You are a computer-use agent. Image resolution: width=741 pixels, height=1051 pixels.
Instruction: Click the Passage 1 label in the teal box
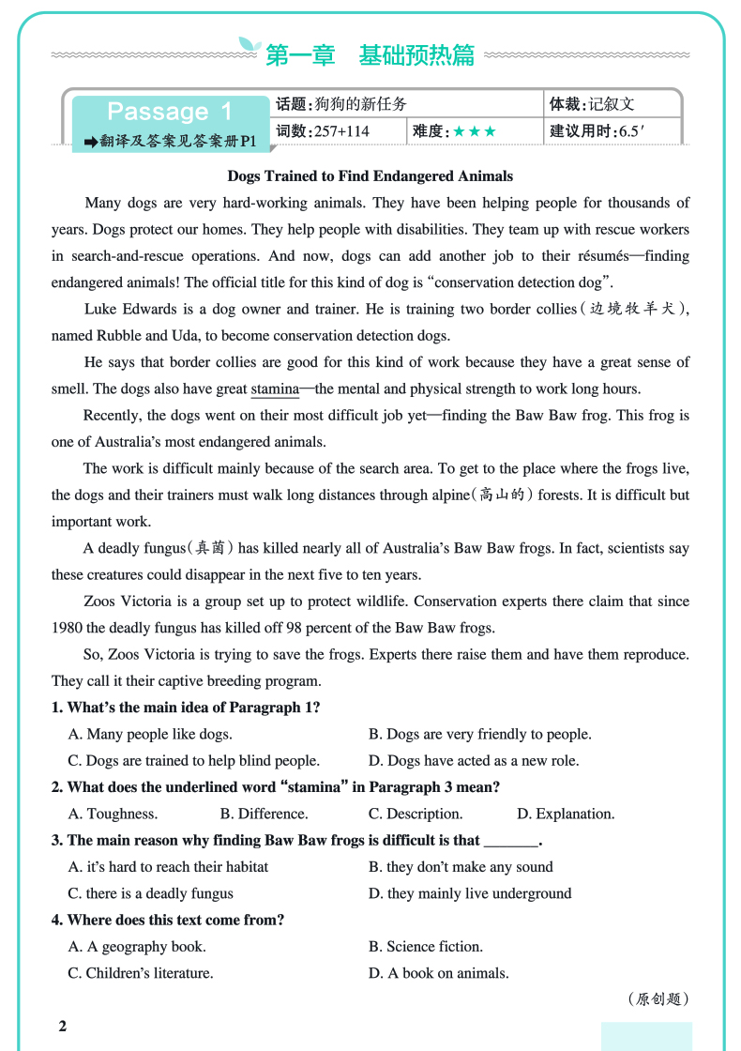[x=169, y=112]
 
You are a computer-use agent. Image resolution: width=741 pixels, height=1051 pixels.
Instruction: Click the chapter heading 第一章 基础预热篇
[x=370, y=55]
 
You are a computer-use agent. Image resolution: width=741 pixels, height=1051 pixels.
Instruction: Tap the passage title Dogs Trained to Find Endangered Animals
[x=370, y=175]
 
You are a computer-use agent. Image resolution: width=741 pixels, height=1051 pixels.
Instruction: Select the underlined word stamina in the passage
[x=274, y=388]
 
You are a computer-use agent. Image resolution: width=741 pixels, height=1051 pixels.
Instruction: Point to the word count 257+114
[x=341, y=131]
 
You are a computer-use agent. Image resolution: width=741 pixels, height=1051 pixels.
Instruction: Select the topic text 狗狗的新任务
[x=361, y=104]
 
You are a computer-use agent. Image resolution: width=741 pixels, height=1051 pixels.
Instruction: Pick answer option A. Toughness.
[x=113, y=814]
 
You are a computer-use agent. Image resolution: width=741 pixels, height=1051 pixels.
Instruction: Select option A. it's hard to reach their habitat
[x=168, y=867]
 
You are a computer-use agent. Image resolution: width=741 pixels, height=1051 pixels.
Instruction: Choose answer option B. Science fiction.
[x=426, y=946]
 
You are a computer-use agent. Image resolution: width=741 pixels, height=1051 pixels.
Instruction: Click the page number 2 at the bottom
[x=63, y=1026]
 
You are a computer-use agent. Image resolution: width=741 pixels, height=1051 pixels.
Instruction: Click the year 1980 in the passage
[x=69, y=628]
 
